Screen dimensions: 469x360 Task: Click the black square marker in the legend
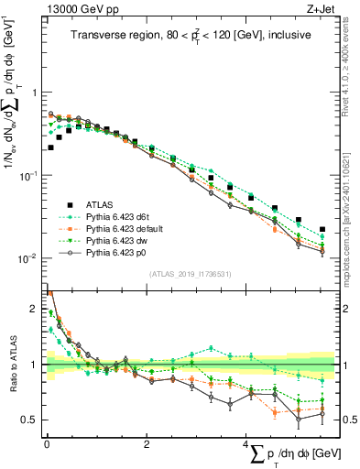click(x=68, y=204)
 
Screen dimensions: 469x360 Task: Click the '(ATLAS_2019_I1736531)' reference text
click(x=190, y=274)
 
